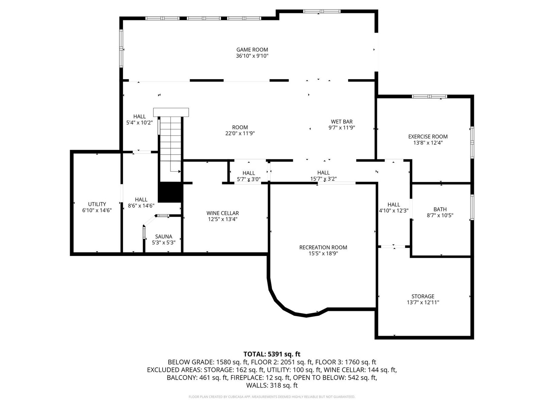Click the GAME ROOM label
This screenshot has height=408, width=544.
coord(252,50)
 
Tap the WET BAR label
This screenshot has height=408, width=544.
coord(341,122)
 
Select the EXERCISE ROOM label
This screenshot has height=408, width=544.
coord(428,136)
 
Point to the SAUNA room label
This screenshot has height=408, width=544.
coord(164,237)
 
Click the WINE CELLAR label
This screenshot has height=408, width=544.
coord(223,213)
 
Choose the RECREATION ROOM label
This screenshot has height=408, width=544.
coord(323,247)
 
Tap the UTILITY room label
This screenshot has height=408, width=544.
coord(97,204)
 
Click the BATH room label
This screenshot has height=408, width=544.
coord(440,209)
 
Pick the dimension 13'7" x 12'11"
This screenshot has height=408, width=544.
coord(423,302)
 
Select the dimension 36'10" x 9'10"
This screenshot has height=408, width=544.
coord(252,56)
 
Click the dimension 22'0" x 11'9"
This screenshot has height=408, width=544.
coord(240,133)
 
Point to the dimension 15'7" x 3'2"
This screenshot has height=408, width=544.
coord(323,178)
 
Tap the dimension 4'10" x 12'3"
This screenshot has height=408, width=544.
coord(394,210)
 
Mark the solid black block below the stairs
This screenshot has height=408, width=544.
coord(170,192)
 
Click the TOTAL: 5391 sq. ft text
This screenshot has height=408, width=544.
coord(272,354)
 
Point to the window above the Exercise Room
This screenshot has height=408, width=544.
coord(429,96)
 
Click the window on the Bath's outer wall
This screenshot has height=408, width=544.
coord(472,207)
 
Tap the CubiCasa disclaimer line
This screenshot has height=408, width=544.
coord(272,397)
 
